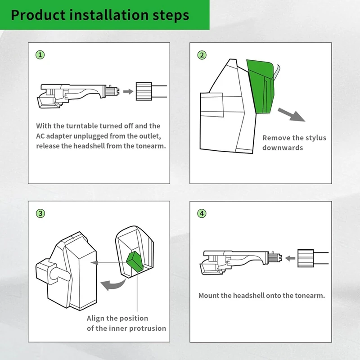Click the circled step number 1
[x=40, y=55]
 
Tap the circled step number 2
[x=202, y=55]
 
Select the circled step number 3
[x=40, y=213]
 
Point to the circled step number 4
[x=202, y=213]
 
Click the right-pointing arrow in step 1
[x=128, y=92]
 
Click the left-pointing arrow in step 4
[x=290, y=258]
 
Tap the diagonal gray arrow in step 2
[x=291, y=114]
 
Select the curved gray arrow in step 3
[x=113, y=285]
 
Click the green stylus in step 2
[x=261, y=87]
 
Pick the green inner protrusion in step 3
[x=135, y=262]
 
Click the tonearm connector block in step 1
[x=144, y=91]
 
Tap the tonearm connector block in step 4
[x=306, y=258]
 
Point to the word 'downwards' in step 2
[x=283, y=148]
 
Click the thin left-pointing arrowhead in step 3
[x=94, y=263]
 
